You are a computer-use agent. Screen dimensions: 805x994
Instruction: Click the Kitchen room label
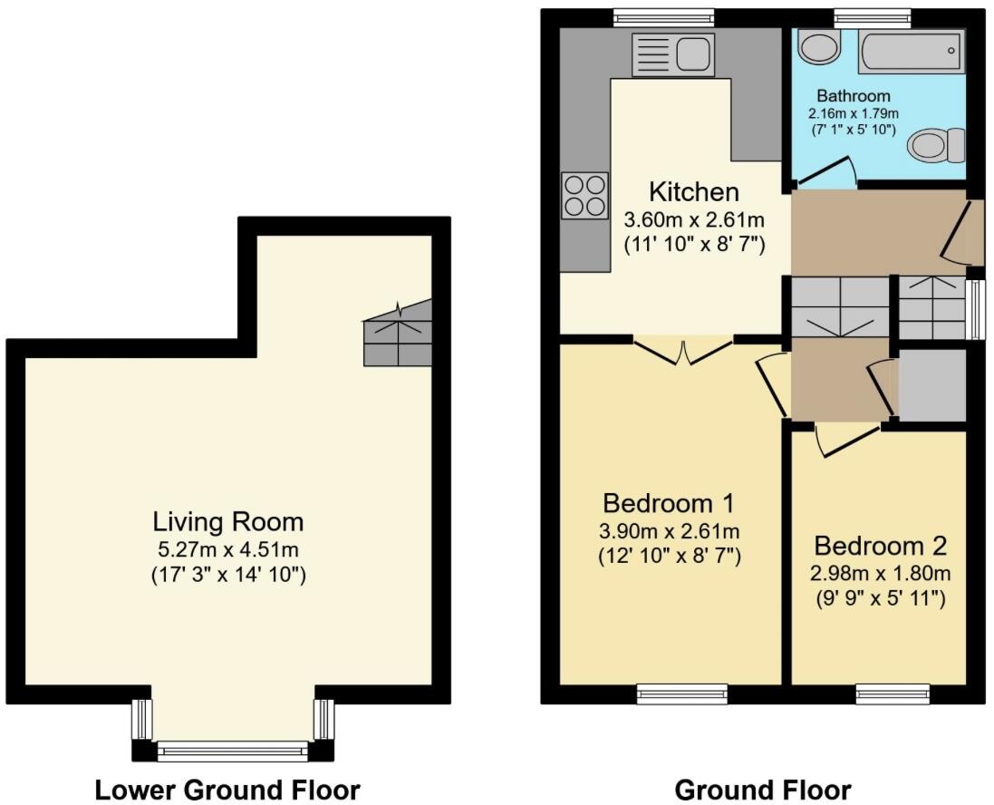pyautogui.click(x=694, y=192)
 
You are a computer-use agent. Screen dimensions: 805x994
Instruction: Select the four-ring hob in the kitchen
pyautogui.click(x=584, y=195)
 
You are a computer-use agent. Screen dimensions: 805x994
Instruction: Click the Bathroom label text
pyautogui.click(x=854, y=95)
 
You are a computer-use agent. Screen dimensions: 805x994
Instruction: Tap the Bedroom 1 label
pyautogui.click(x=669, y=503)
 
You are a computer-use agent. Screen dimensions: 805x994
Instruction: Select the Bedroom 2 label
pyautogui.click(x=880, y=547)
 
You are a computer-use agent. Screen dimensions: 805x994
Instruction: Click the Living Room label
pyautogui.click(x=227, y=522)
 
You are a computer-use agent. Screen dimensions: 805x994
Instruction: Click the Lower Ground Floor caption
pyautogui.click(x=227, y=790)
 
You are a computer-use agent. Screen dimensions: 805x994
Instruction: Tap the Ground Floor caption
pyautogui.click(x=763, y=790)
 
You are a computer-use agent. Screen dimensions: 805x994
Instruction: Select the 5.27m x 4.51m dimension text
pyautogui.click(x=227, y=548)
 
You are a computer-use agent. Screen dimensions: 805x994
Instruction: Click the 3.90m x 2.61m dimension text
pyautogui.click(x=670, y=530)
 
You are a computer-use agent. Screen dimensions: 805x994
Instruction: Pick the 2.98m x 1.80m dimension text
pyautogui.click(x=880, y=573)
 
